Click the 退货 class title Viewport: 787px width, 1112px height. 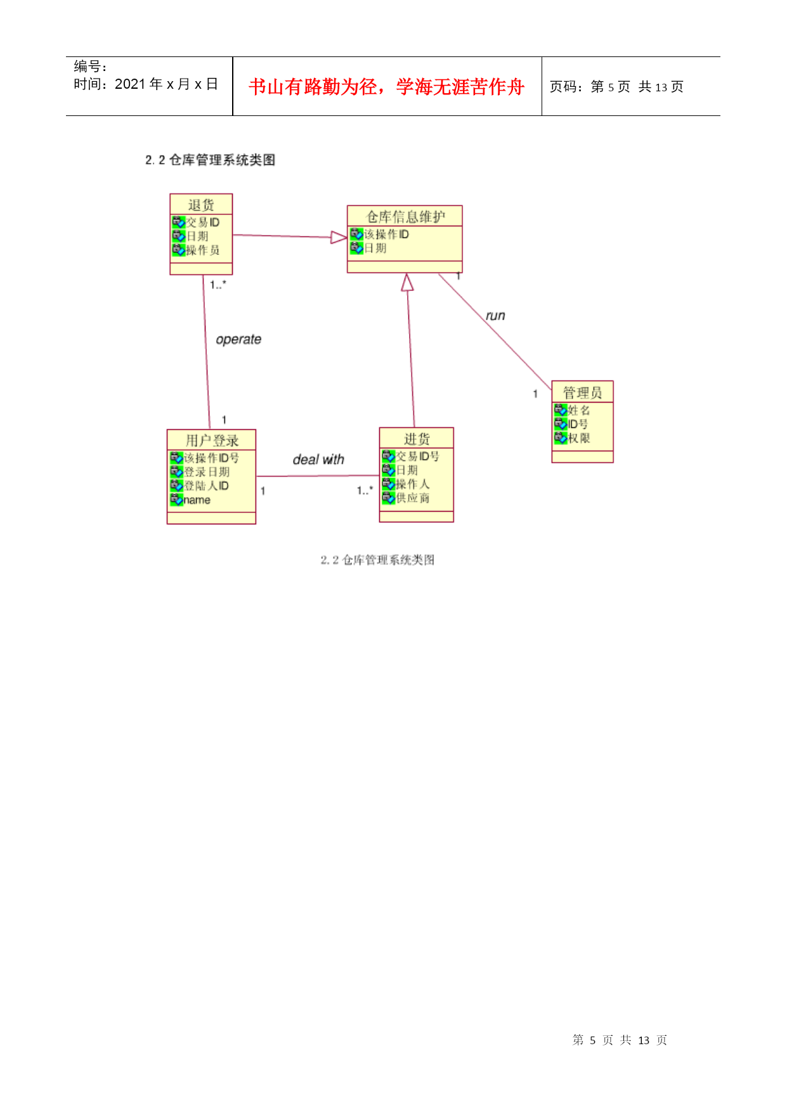(x=201, y=205)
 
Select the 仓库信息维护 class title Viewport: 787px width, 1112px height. (x=405, y=217)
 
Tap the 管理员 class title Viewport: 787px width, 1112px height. (x=582, y=392)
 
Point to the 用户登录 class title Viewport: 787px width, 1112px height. (x=212, y=441)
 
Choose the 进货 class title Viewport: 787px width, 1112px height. (x=417, y=439)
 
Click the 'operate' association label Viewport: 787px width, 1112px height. (x=238, y=340)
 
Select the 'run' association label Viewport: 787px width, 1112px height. (x=495, y=316)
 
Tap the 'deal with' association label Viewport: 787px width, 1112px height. (x=318, y=460)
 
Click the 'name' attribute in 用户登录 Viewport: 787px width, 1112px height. (x=197, y=500)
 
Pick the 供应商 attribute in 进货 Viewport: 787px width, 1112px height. (x=413, y=498)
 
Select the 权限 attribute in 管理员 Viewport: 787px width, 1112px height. (x=579, y=438)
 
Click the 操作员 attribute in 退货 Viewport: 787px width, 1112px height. (x=203, y=250)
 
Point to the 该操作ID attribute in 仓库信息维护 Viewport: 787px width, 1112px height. (x=386, y=235)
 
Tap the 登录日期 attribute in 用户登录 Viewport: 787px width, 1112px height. (x=207, y=472)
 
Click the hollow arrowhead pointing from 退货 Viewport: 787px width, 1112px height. (x=339, y=237)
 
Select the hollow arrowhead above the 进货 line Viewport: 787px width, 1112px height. (x=407, y=282)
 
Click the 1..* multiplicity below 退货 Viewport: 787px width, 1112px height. (x=218, y=285)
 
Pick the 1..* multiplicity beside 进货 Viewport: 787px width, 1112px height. (x=365, y=491)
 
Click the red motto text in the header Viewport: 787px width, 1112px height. (x=387, y=87)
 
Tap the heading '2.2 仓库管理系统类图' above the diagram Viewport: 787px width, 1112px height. (x=210, y=160)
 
